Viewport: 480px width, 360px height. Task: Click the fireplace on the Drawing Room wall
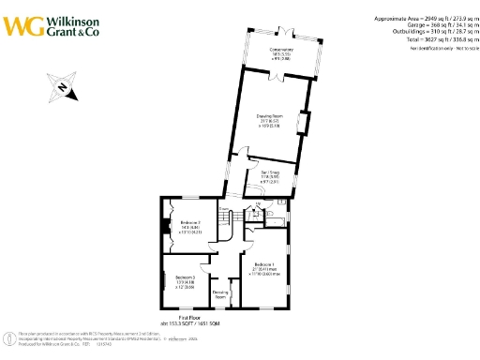pyautogui.click(x=303, y=123)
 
